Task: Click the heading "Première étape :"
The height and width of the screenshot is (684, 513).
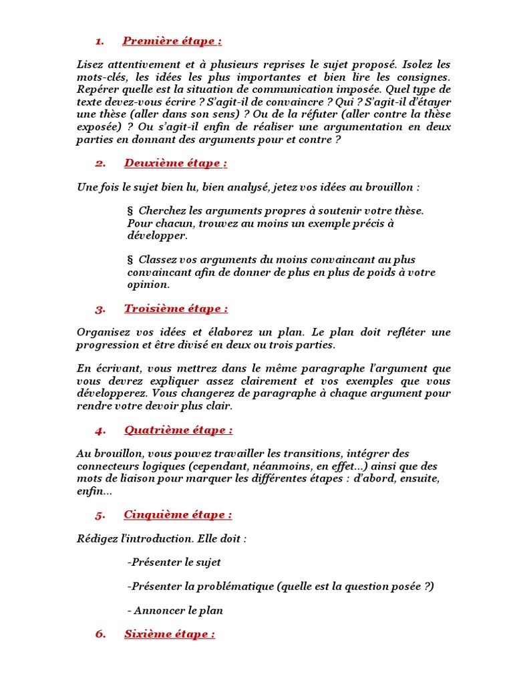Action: pos(172,41)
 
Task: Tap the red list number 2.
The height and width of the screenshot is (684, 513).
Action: pos(101,164)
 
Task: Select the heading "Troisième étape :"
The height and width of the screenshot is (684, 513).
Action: pos(176,309)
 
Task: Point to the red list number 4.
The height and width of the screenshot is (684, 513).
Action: pos(101,430)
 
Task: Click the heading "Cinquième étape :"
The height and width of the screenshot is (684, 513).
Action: pos(178,514)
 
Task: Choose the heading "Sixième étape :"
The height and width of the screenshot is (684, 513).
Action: pos(170,635)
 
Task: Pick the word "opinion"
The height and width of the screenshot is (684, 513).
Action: pos(148,285)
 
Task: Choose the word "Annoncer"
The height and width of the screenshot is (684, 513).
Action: pos(159,611)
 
